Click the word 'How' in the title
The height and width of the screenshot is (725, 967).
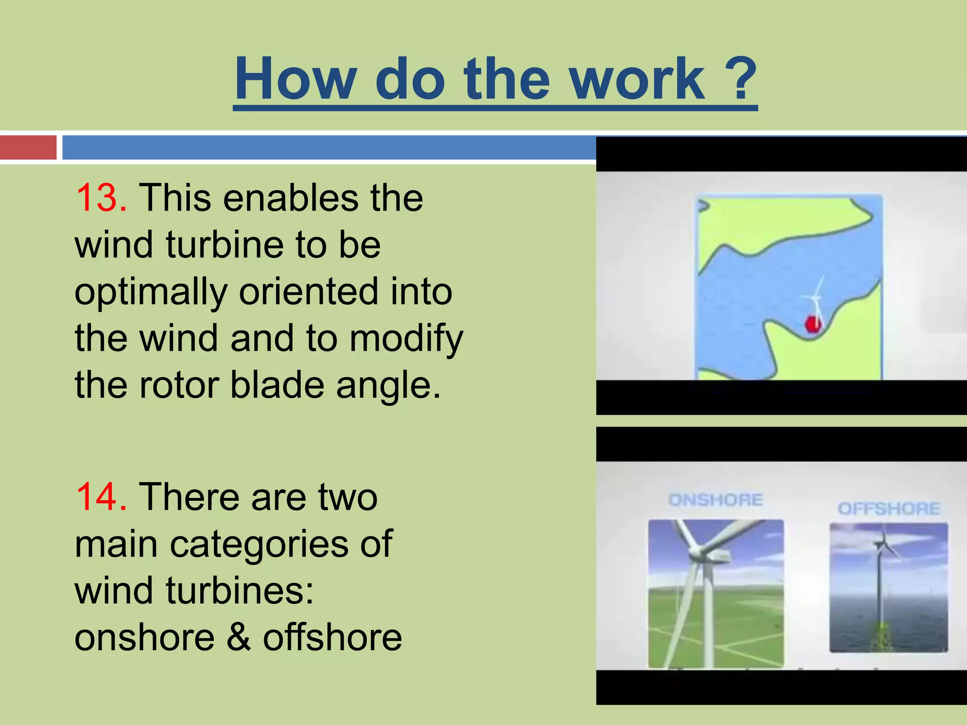pos(296,79)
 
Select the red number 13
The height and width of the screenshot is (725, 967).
pos(101,198)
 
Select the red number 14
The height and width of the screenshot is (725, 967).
pos(101,497)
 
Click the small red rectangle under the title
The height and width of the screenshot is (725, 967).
pos(28,147)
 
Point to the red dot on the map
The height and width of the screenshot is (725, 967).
pos(813,324)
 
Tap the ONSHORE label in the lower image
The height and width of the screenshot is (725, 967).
pos(715,500)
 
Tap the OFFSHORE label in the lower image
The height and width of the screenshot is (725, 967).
pos(889,509)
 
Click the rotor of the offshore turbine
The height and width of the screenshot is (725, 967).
pos(881,545)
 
